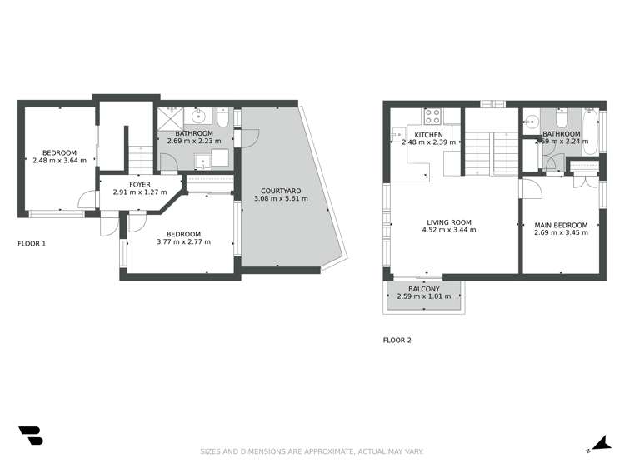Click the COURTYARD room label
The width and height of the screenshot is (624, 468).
[281, 191]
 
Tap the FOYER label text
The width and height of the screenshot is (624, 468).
[140, 185]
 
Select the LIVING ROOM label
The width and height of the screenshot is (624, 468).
[449, 222]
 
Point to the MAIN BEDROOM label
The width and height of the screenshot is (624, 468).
[561, 225]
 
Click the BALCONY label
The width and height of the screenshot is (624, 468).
[424, 289]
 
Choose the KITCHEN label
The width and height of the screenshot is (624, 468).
[428, 135]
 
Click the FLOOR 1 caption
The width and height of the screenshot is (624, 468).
[32, 244]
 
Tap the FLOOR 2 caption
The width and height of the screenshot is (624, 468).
[397, 341]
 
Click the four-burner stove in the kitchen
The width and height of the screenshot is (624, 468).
[432, 116]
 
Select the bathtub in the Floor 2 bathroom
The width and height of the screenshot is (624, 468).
[589, 132]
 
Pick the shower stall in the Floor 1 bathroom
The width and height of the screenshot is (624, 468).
[170, 119]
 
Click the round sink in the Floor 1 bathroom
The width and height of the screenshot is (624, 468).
[197, 116]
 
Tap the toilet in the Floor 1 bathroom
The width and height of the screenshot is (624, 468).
[223, 117]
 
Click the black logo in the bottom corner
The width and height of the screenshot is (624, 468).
[31, 436]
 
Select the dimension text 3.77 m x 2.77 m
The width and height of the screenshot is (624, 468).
[184, 241]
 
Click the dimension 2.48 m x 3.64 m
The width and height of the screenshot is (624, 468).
[59, 161]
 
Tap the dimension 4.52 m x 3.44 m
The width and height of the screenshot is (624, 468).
[449, 230]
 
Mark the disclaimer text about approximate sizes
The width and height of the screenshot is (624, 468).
[312, 451]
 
